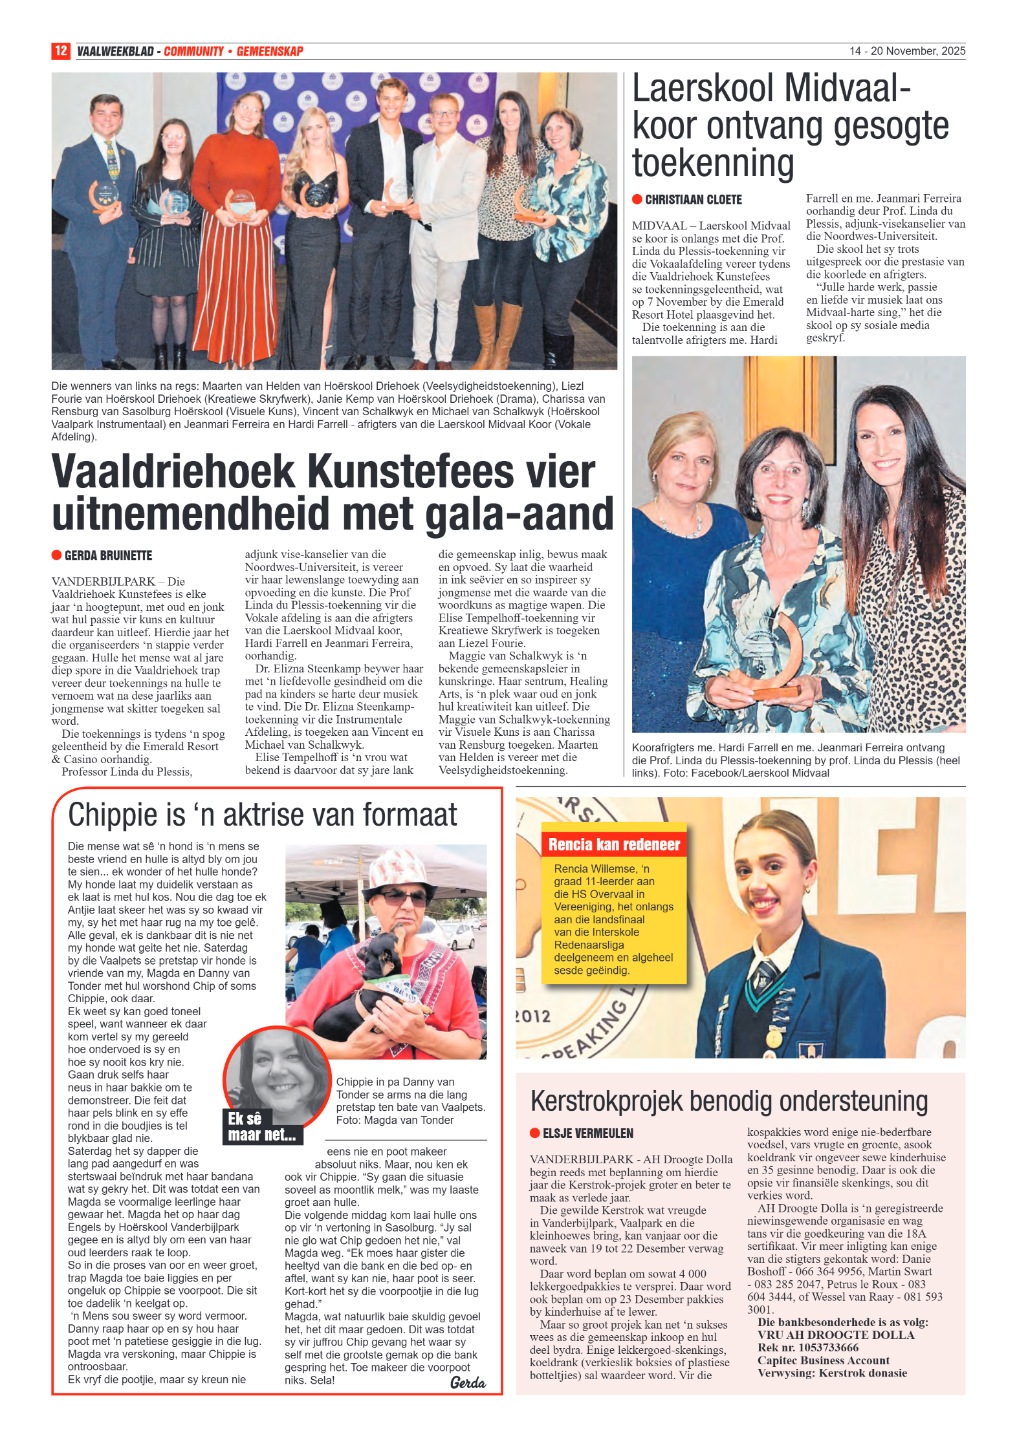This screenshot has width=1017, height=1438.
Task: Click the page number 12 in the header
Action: [x=60, y=51]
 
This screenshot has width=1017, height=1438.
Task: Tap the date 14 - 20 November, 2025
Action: [x=907, y=51]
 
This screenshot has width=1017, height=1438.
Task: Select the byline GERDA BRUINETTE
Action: [x=108, y=555]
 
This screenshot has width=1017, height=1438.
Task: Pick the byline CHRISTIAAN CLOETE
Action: [x=693, y=200]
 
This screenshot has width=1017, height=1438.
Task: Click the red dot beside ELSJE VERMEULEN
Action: [x=534, y=1133]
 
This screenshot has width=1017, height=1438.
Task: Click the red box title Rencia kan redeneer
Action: [x=614, y=844]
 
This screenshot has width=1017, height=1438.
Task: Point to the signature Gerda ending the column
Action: [x=467, y=1382]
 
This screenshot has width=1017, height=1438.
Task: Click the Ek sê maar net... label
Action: [x=261, y=1127]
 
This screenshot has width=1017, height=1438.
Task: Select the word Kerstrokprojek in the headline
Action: [x=606, y=1102]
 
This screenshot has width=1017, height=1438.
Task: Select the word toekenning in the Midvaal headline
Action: [x=713, y=163]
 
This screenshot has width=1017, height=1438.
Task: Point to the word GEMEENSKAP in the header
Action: [x=270, y=51]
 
